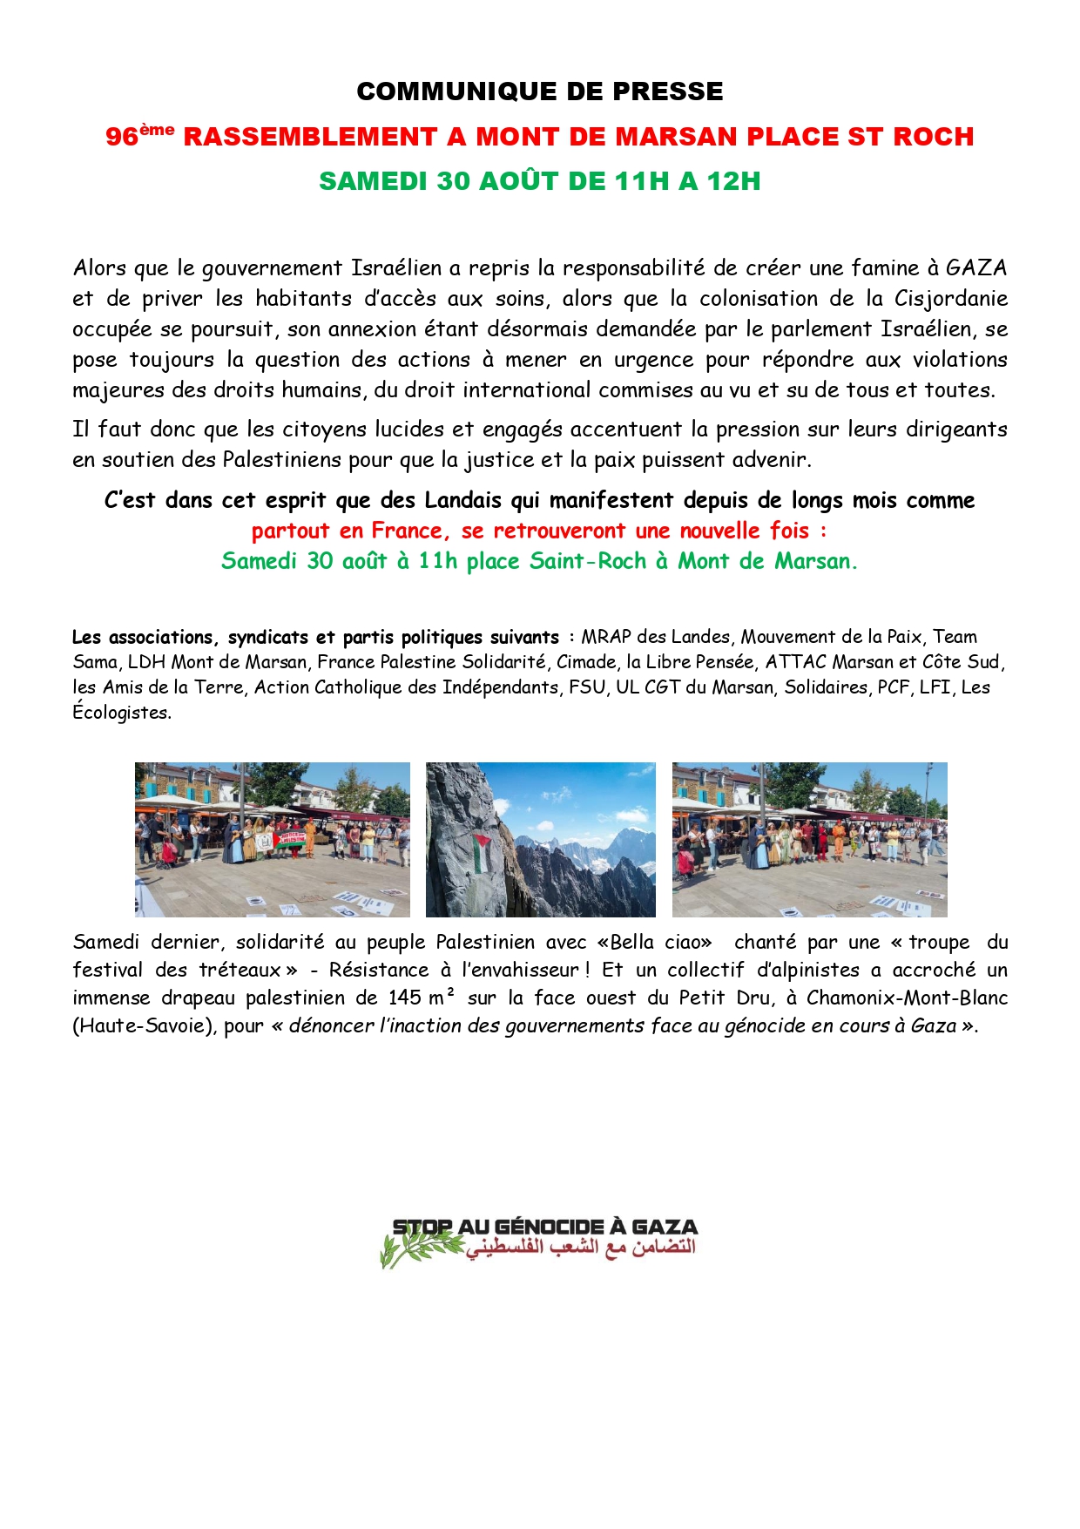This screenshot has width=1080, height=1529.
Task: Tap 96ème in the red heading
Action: (139, 136)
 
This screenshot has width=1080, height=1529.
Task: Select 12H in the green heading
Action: (733, 181)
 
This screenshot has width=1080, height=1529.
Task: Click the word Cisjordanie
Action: (951, 298)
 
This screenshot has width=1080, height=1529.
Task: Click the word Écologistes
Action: (121, 713)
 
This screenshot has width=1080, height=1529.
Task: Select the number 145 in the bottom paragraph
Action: (404, 998)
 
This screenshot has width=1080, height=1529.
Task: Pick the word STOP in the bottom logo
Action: (422, 1227)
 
